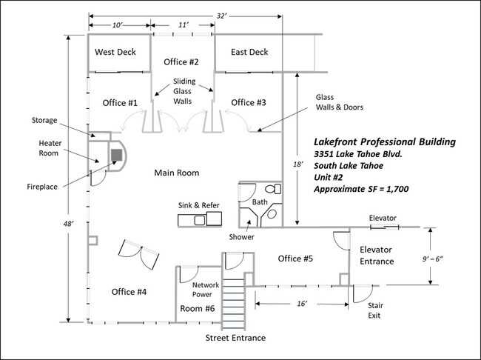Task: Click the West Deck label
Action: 115,52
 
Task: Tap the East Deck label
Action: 249,52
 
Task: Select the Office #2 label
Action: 181,62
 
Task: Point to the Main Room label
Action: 176,173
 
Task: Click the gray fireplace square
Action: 117,155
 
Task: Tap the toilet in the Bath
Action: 273,189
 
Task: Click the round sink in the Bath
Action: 272,214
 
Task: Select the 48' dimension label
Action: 68,224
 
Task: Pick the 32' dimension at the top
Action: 221,16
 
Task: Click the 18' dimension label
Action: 298,164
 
